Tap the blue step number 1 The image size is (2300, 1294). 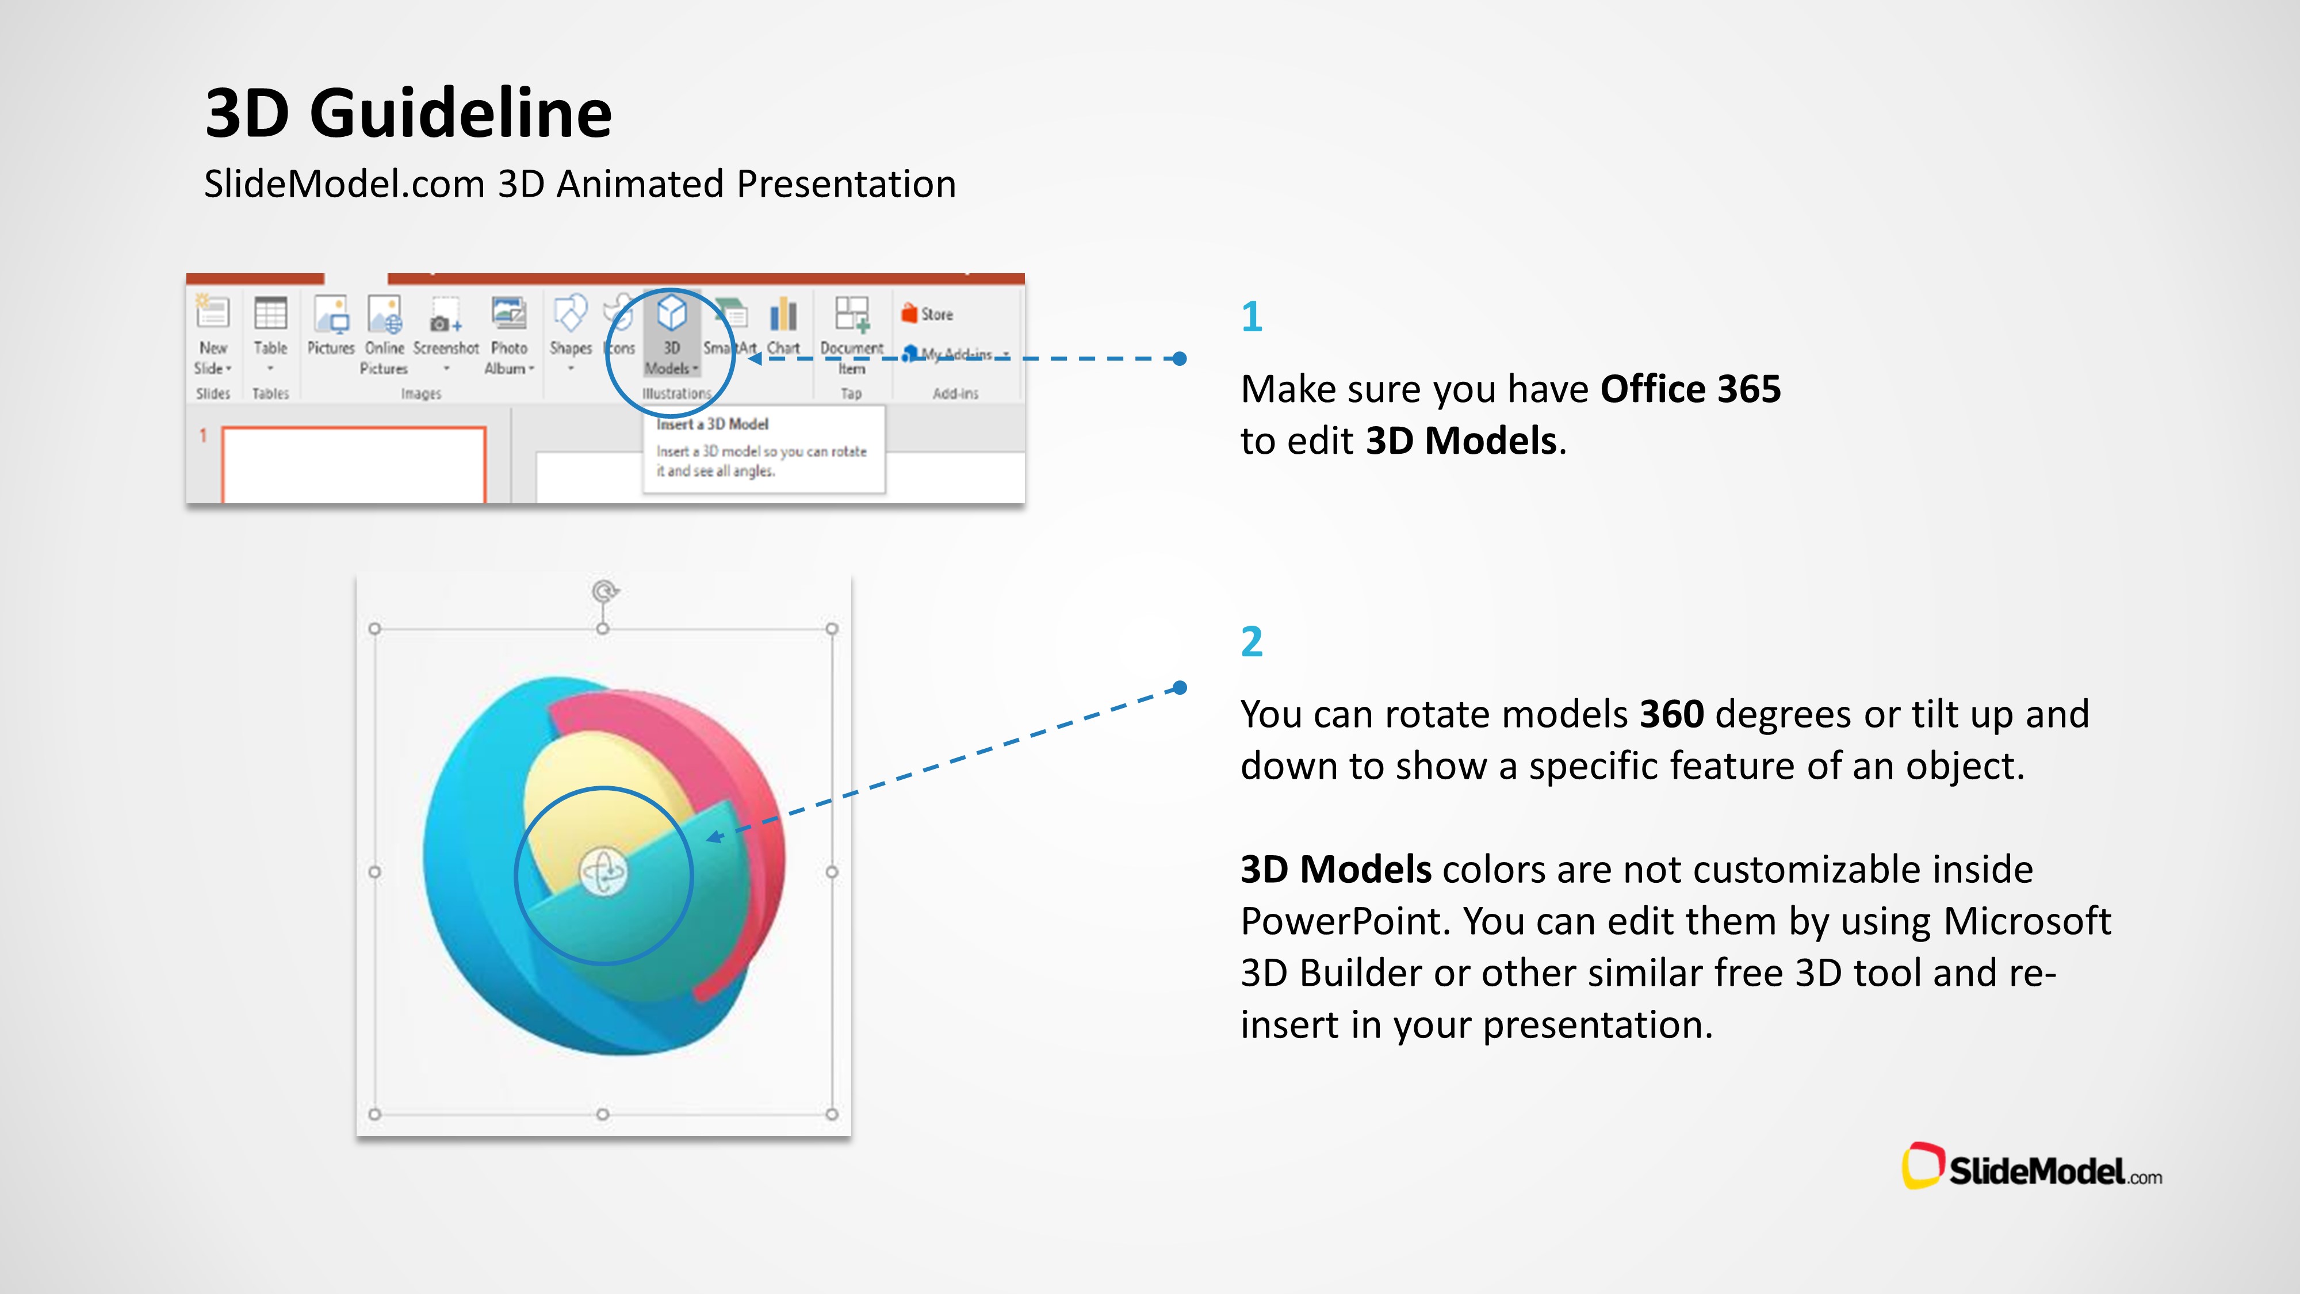pyautogui.click(x=1251, y=316)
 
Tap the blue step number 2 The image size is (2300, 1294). pyautogui.click(x=1252, y=641)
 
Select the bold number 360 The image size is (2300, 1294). pyautogui.click(x=1671, y=714)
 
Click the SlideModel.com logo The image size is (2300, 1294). pyautogui.click(x=2032, y=1168)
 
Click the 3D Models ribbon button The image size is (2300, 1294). pyautogui.click(x=671, y=334)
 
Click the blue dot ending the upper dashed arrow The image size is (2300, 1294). pyautogui.click(x=1180, y=359)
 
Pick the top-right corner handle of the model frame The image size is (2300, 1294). pyautogui.click(x=831, y=629)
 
